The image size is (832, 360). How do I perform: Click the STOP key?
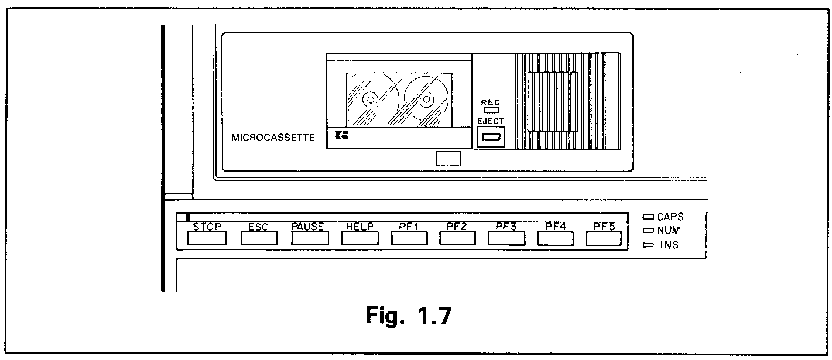point(207,238)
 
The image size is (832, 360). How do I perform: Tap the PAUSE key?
point(308,238)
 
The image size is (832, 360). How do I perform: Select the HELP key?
point(359,238)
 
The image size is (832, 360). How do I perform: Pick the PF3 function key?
point(507,238)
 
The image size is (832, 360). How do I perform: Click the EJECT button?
point(490,138)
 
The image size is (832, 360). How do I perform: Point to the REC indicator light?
point(490,109)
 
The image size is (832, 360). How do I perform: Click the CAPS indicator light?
point(648,217)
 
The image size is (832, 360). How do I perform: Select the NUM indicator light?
point(648,231)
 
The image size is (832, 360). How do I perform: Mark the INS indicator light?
point(648,245)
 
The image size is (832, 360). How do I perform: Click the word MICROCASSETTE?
point(273,139)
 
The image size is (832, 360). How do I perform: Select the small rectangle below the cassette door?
point(448,159)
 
